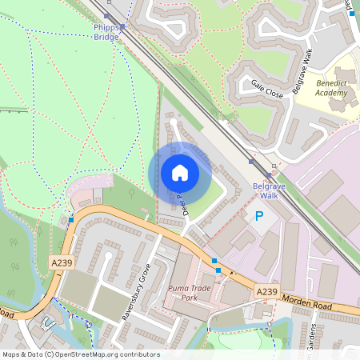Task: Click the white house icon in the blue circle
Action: [179, 173]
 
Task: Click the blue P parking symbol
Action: [258, 216]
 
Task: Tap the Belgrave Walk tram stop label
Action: [265, 190]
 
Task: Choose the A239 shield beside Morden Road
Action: [266, 292]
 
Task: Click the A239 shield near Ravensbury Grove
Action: [60, 262]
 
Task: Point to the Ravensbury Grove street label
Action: [136, 291]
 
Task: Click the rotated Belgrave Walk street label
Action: [304, 73]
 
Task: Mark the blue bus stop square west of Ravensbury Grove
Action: [72, 219]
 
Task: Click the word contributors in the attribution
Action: [138, 354]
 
